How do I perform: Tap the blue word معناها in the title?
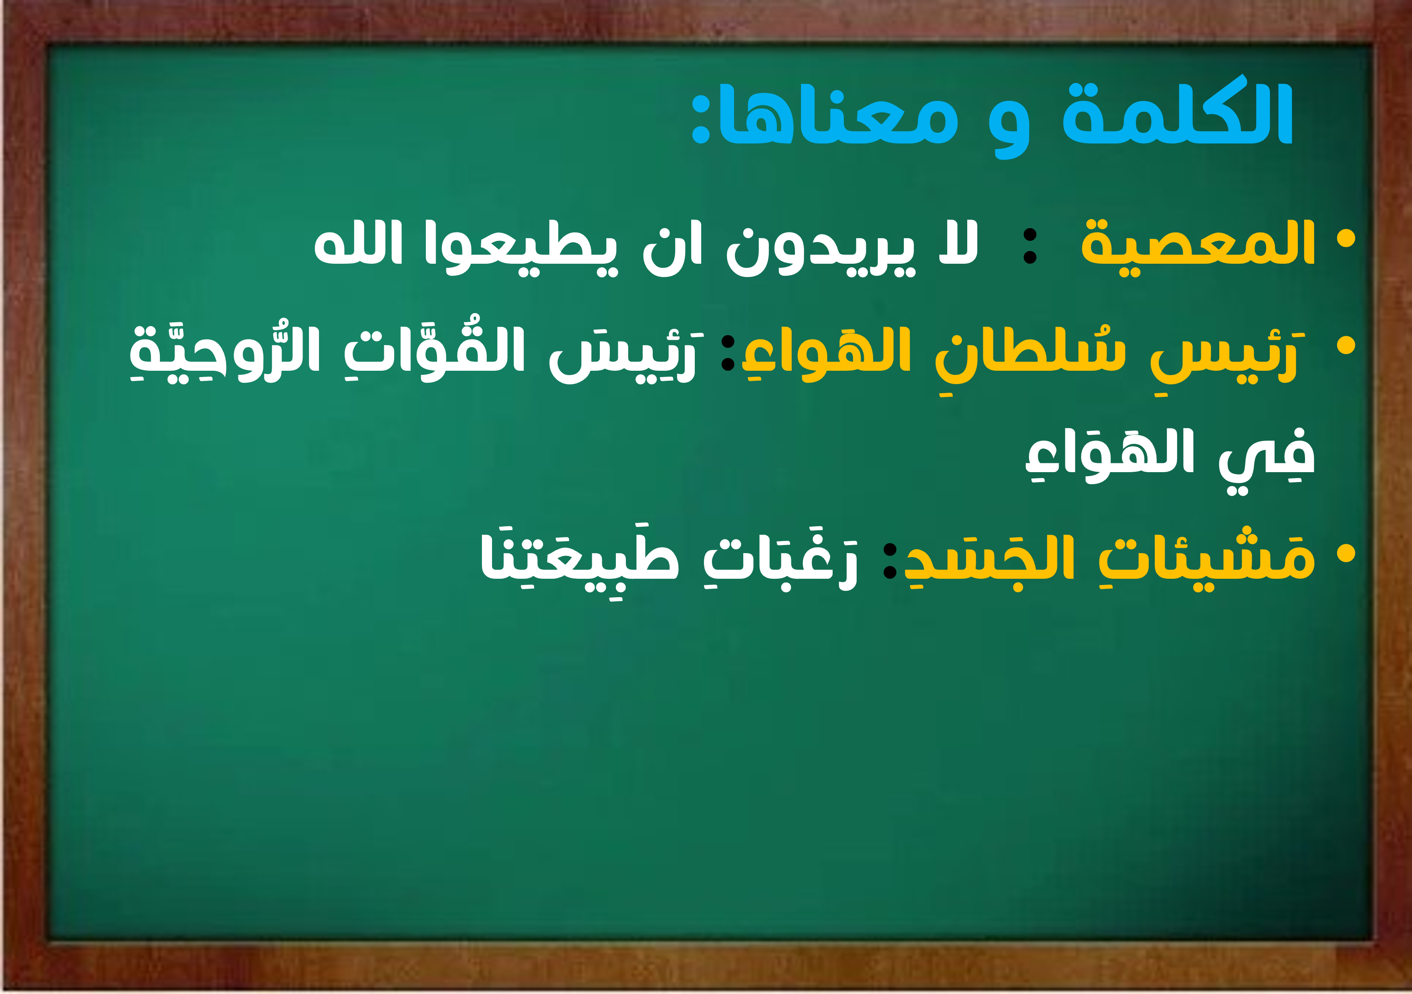pos(838,114)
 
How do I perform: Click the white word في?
pos(1267,458)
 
